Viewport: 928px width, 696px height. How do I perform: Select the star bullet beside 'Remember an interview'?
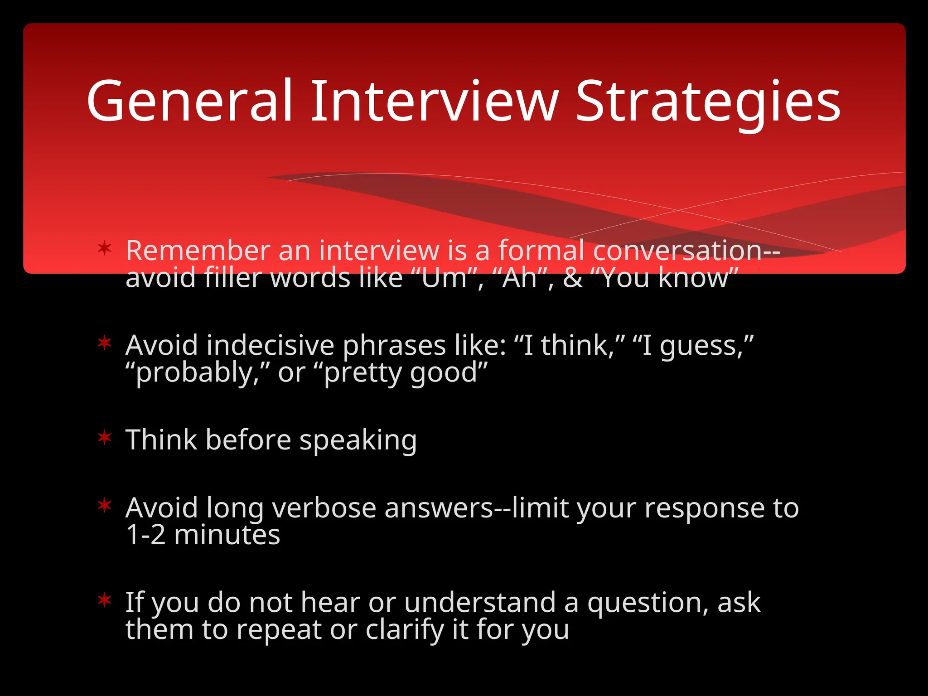[105, 248]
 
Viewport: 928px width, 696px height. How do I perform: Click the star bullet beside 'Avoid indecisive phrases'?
[105, 343]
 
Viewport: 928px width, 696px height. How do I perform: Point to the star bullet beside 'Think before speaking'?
[105, 438]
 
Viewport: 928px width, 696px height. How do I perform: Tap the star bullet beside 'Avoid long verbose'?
[105, 505]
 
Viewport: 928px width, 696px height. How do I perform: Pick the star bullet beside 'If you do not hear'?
[105, 600]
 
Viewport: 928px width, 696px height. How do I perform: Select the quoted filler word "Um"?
[444, 277]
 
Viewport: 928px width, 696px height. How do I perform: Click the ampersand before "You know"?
[573, 278]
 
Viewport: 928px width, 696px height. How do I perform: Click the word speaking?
[358, 440]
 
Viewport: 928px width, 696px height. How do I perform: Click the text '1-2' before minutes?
[145, 535]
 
